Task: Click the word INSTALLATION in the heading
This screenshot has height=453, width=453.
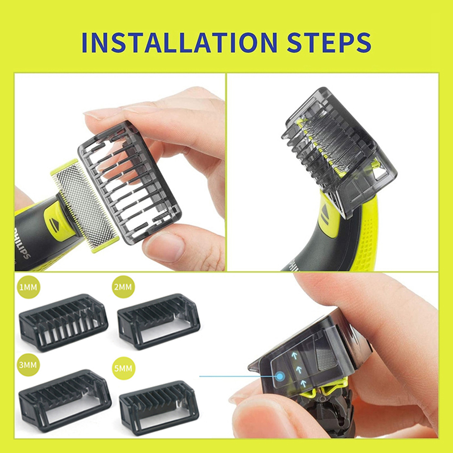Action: tap(179, 43)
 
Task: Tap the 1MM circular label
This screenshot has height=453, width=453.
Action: tap(28, 287)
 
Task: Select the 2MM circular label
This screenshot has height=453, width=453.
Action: tap(123, 287)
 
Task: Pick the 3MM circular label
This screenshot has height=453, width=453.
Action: tap(28, 364)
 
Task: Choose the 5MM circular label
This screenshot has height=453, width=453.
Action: tap(123, 368)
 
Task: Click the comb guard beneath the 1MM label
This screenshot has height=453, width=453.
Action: tap(63, 322)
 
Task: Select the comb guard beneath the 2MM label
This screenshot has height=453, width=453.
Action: tap(159, 321)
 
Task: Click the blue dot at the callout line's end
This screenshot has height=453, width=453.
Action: tap(280, 376)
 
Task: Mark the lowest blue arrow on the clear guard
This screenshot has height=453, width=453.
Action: tap(303, 383)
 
